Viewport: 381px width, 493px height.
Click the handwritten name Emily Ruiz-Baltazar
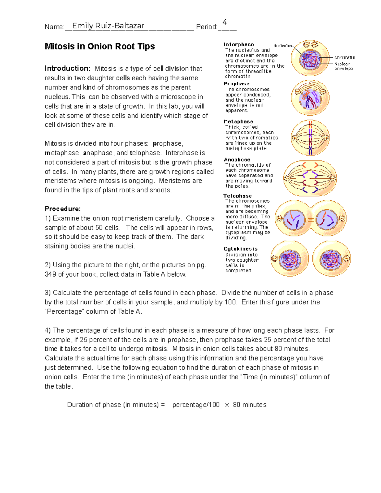(x=108, y=26)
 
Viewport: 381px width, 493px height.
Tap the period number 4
(x=225, y=22)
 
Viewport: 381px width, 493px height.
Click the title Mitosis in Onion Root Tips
(x=100, y=46)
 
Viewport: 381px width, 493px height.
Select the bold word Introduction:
(x=68, y=68)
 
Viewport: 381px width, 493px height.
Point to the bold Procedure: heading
(x=63, y=209)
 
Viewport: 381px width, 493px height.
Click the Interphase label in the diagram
(x=239, y=44)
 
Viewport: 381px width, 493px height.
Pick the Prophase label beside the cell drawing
(x=237, y=84)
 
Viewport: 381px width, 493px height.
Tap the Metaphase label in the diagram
(x=238, y=122)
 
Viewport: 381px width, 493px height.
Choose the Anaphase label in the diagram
(x=237, y=160)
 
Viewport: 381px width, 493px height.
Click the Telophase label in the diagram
(x=237, y=196)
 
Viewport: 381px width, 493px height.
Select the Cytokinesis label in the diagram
(x=240, y=249)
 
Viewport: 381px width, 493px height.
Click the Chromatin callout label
(x=344, y=57)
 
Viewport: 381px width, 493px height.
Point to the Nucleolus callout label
(x=283, y=46)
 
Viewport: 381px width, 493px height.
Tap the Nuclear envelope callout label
(x=344, y=66)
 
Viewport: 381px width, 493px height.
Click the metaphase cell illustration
(x=310, y=138)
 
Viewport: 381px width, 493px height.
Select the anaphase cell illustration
(x=310, y=178)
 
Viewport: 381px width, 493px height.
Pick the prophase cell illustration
(x=310, y=98)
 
